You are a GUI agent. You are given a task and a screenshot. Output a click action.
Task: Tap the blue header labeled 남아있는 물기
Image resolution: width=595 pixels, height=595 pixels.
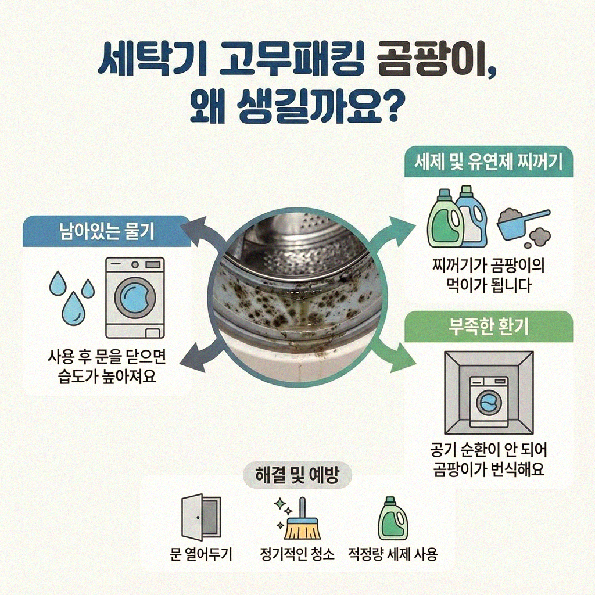tap(106, 232)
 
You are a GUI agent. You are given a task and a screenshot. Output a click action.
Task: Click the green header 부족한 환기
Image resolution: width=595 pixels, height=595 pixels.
tap(488, 327)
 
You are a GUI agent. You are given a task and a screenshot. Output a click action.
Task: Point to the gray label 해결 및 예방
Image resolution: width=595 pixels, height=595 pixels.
tap(297, 476)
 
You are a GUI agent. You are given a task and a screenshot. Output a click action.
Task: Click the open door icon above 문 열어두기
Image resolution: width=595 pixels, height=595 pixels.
tap(200, 518)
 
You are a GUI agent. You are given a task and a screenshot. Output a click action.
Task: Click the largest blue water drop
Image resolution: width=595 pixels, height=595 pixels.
tap(74, 307)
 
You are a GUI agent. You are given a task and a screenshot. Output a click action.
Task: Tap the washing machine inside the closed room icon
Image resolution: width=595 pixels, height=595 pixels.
tap(488, 401)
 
